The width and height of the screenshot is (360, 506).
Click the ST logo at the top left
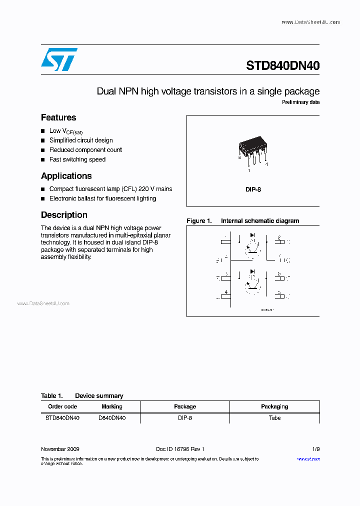click(59, 59)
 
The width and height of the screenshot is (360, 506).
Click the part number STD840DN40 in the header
click(282, 66)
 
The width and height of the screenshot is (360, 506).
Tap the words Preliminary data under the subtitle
click(300, 102)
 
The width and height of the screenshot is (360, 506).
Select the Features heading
click(58, 117)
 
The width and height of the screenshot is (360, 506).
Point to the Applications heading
click(66, 176)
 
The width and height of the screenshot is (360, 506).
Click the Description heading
click(64, 215)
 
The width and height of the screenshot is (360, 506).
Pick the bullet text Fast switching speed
click(77, 159)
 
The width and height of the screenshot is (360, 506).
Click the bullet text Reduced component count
click(85, 150)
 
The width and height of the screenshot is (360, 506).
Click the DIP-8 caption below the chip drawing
click(253, 190)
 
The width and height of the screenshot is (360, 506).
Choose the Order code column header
click(62, 406)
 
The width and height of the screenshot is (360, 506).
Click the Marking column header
click(111, 406)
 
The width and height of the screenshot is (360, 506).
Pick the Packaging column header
click(274, 406)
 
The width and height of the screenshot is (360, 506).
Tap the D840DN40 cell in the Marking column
click(111, 418)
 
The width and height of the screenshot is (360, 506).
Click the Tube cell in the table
click(274, 418)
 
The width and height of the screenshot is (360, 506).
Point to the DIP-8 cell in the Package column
click(185, 418)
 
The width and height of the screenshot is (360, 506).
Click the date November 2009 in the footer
click(60, 449)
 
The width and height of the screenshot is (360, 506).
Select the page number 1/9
click(315, 449)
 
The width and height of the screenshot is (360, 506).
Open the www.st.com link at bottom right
click(308, 459)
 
